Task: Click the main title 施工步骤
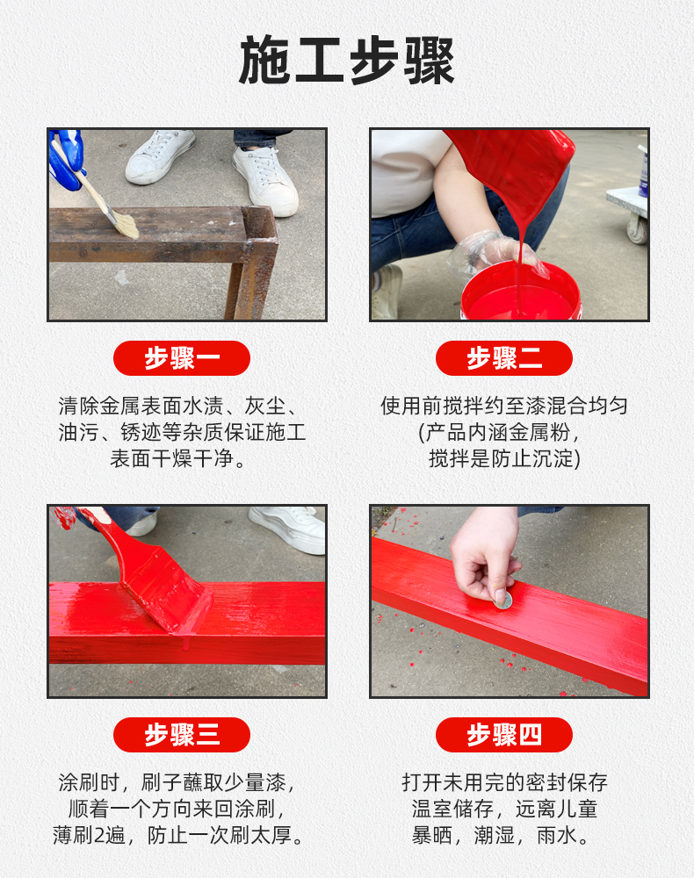pos(347,61)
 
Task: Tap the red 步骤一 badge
pos(182,358)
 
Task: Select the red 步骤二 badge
pos(504,358)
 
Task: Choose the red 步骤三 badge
pos(182,735)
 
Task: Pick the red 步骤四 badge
pos(504,735)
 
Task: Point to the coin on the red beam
pos(502,600)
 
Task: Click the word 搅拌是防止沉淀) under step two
pos(504,458)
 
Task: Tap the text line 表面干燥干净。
pos(182,458)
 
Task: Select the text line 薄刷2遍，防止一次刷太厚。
pos(182,834)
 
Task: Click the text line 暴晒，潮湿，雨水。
pos(504,834)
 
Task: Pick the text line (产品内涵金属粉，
pos(504,432)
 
